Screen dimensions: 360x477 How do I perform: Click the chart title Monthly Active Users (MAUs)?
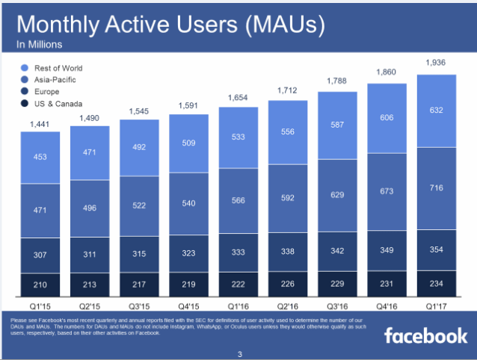[171, 25]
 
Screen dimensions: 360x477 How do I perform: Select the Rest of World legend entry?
[57, 68]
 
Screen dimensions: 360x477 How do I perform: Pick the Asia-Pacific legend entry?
[52, 80]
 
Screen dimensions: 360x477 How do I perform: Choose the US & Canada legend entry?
[56, 104]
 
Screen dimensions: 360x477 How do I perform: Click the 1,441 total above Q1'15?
[39, 122]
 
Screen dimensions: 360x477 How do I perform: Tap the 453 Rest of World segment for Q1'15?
[39, 156]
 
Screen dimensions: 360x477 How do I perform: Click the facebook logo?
[425, 335]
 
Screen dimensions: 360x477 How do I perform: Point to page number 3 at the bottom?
[239, 353]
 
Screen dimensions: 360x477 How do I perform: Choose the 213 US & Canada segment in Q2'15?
[89, 285]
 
